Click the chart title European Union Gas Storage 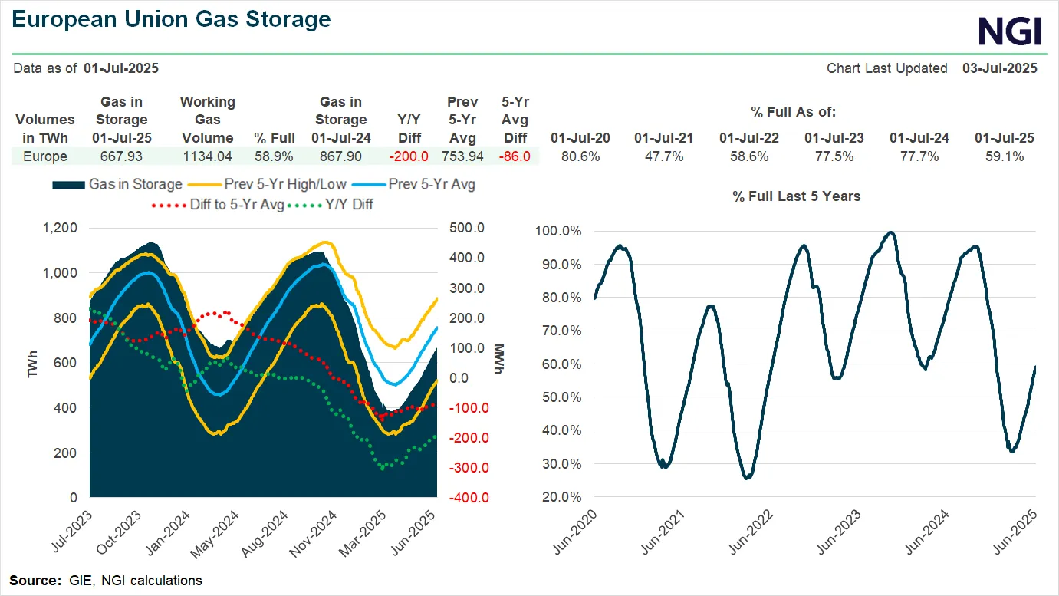(x=173, y=19)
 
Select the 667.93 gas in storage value (x=121, y=156)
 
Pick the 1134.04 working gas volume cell (x=207, y=156)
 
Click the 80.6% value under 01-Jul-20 (x=580, y=156)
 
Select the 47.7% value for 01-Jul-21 (x=663, y=156)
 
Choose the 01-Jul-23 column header (x=834, y=138)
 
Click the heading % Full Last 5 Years (x=796, y=196)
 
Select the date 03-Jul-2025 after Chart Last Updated (x=999, y=68)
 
